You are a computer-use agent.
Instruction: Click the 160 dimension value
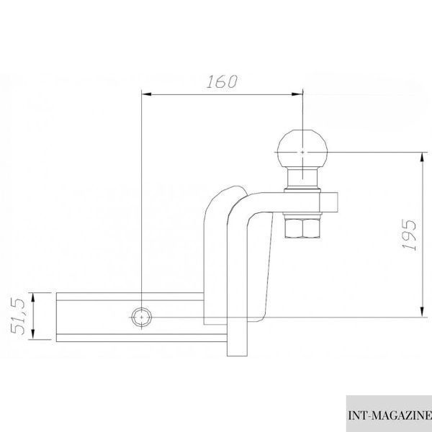[x=222, y=81]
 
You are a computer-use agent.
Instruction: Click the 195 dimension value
[x=409, y=235]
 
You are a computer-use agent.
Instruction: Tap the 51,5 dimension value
[x=18, y=316]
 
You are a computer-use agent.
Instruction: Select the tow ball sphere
[x=302, y=149]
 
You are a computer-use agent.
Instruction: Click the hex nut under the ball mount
[x=302, y=228]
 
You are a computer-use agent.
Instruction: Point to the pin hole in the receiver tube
[x=141, y=318]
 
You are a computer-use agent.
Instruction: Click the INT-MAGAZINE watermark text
[x=390, y=415]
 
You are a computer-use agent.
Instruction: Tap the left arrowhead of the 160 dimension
[x=146, y=94]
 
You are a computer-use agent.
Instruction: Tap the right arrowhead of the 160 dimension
[x=297, y=94]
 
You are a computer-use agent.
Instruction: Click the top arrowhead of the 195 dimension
[x=422, y=158]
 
